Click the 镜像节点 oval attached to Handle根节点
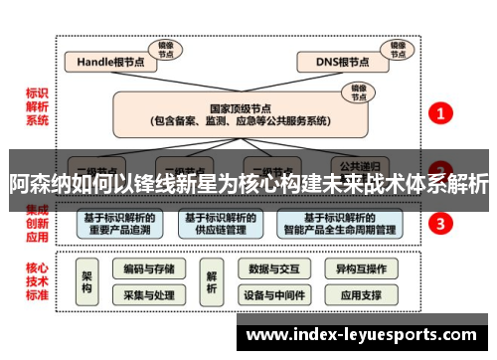pos(164,49)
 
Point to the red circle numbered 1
pos(440,113)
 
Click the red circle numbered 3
pos(440,224)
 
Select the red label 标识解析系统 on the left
pos(38,107)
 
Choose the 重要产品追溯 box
pos(119,224)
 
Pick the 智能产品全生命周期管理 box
pos(340,224)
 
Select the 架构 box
pos(87,281)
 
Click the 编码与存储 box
pos(149,269)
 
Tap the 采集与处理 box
pos(149,295)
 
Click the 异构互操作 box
pos(360,269)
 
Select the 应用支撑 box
pos(360,295)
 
